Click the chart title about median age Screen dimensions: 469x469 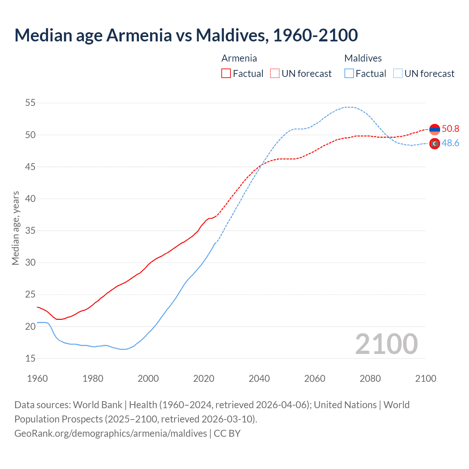(x=186, y=35)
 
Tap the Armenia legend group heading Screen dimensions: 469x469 (x=239, y=58)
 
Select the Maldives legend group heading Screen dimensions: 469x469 (x=363, y=58)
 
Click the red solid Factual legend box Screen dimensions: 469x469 (x=226, y=74)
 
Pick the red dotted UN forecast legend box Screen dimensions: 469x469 (x=275, y=74)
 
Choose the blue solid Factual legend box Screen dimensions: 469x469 (x=349, y=74)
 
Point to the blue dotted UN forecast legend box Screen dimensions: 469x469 (x=398, y=74)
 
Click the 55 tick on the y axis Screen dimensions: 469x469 (x=30, y=103)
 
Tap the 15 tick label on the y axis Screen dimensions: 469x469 (x=30, y=358)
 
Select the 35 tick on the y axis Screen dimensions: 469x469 (x=30, y=231)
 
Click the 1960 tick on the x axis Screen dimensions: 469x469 (x=37, y=378)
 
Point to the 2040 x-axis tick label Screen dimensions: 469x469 (x=259, y=378)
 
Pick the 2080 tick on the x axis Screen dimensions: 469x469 (x=370, y=378)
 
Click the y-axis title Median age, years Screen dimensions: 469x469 (x=15, y=228)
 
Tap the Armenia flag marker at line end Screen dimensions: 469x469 (x=435, y=129)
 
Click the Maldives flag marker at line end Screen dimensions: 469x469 (x=435, y=144)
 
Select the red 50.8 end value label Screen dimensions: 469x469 (x=450, y=129)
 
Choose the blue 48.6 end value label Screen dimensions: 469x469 (x=450, y=143)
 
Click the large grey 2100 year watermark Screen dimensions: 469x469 (x=386, y=344)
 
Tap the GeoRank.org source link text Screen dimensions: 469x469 (x=110, y=433)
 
